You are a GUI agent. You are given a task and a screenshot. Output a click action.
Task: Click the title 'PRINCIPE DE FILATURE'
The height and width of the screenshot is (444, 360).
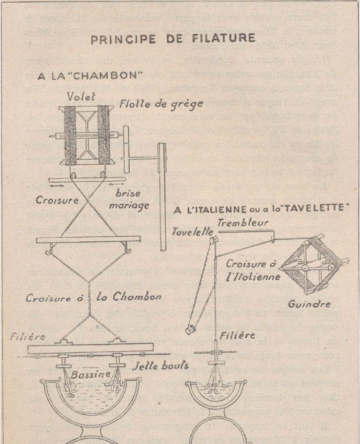(173, 39)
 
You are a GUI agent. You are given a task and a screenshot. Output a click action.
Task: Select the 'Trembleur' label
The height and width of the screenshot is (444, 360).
(238, 223)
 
